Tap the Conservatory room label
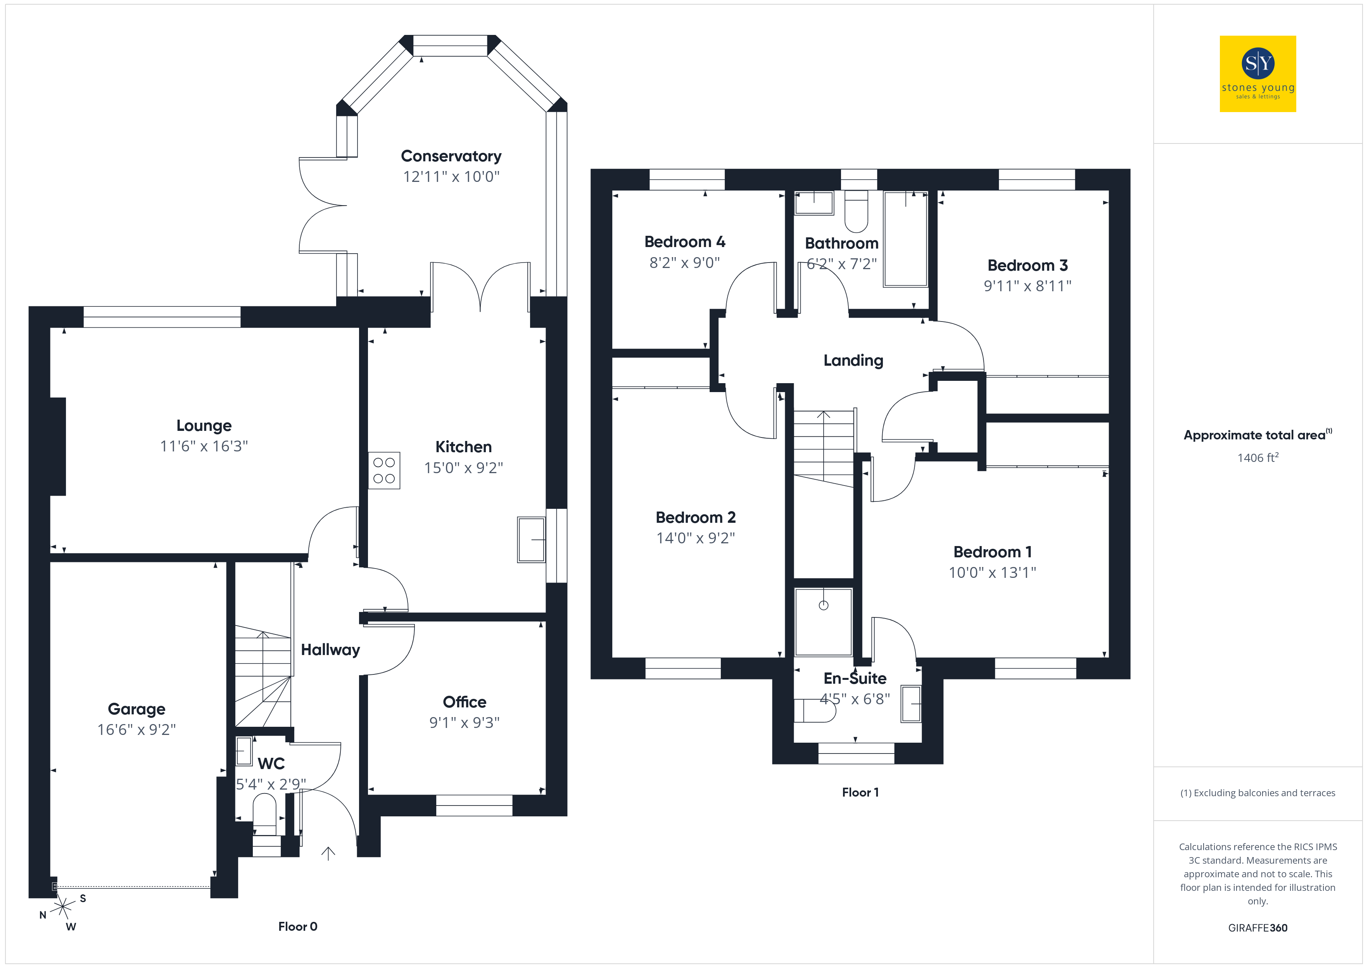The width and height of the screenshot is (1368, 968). click(x=451, y=156)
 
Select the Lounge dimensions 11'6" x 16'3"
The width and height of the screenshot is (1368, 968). click(x=204, y=446)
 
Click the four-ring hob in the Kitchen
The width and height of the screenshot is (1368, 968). click(x=384, y=471)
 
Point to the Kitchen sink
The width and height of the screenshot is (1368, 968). click(x=531, y=539)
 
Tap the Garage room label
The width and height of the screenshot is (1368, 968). click(x=136, y=709)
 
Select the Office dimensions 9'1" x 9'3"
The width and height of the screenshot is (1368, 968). click(x=464, y=723)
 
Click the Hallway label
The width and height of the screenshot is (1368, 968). click(x=330, y=650)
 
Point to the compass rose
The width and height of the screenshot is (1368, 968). click(x=62, y=908)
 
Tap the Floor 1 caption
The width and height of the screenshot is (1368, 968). click(x=860, y=793)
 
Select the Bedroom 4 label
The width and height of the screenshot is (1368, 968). click(x=685, y=242)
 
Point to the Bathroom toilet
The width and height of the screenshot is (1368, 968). click(x=856, y=212)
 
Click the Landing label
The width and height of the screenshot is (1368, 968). click(x=853, y=361)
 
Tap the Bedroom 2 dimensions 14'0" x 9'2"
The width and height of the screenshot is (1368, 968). click(x=695, y=538)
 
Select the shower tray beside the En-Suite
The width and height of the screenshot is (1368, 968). click(x=824, y=622)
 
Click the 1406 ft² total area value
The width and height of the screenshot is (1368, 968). click(x=1257, y=458)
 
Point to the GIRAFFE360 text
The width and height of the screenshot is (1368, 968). click(x=1257, y=928)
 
